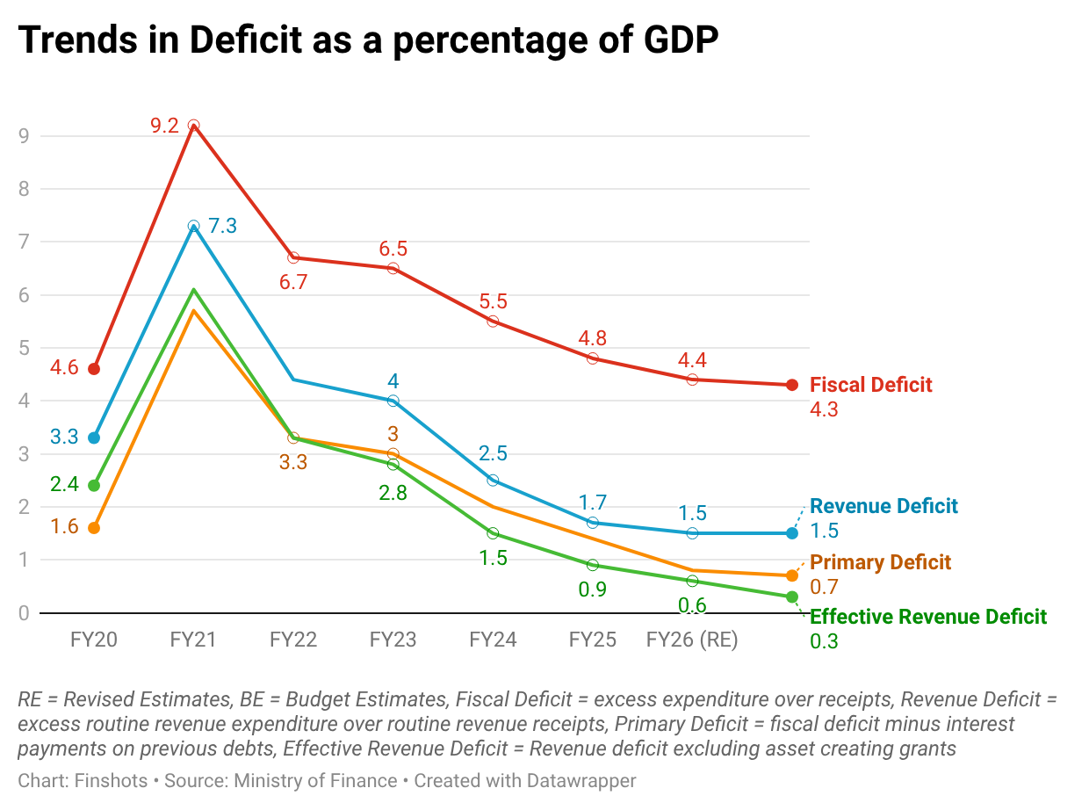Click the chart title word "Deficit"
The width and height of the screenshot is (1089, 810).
[254, 41]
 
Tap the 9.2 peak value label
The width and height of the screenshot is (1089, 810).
[164, 126]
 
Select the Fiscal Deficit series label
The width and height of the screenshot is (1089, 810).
[870, 385]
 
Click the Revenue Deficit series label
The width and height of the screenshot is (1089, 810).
[883, 506]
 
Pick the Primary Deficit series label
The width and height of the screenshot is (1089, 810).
[880, 562]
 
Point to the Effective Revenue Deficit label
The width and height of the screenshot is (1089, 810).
[928, 617]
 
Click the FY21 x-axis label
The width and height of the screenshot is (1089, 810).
[193, 640]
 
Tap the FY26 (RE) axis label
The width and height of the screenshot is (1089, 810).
[692, 640]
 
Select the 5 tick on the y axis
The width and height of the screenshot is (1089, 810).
[25, 348]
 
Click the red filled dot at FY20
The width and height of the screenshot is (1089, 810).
[94, 369]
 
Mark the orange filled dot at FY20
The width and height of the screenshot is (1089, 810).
[94, 528]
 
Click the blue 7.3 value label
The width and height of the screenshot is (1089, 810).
[222, 226]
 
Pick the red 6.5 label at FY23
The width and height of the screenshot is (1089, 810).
[393, 249]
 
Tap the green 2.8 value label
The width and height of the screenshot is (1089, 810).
[393, 493]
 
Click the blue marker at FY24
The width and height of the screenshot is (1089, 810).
[493, 481]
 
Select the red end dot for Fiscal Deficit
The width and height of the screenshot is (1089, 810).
[791, 385]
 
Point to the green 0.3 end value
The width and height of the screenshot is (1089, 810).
[824, 641]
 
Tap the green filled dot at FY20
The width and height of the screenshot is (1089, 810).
[94, 486]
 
